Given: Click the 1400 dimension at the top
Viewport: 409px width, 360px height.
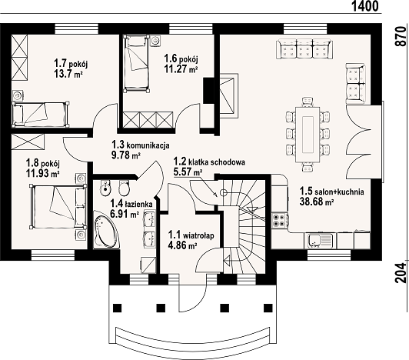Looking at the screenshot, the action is tap(365, 6).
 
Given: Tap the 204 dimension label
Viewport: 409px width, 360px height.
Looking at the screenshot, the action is tap(401, 273).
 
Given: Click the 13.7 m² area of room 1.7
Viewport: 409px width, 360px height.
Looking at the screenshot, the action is tap(68, 74).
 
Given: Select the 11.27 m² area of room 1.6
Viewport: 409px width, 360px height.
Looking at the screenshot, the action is tap(181, 69).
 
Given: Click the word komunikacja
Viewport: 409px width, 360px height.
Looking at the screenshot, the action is tap(148, 145).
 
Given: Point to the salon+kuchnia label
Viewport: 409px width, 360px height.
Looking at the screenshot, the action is tap(339, 192).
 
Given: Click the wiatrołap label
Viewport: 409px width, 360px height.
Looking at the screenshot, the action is tap(198, 235).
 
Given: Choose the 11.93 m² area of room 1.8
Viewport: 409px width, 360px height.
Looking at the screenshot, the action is tap(42, 173).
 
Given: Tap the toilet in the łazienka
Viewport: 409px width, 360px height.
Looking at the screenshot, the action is tap(124, 188).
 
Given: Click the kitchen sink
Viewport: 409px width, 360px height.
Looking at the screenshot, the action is tap(321, 241).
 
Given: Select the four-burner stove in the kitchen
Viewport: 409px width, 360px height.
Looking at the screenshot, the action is tap(280, 220).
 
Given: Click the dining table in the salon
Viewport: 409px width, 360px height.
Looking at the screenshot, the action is tap(308, 134).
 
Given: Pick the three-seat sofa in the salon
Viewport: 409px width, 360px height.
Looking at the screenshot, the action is tap(305, 48).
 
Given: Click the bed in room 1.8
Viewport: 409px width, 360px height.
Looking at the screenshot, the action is tap(58, 206).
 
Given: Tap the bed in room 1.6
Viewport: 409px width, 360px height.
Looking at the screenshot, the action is tap(137, 64).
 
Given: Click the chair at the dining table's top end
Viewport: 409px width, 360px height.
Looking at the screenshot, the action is tap(308, 102).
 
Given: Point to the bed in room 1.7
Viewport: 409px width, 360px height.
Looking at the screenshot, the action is tap(41, 115).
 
